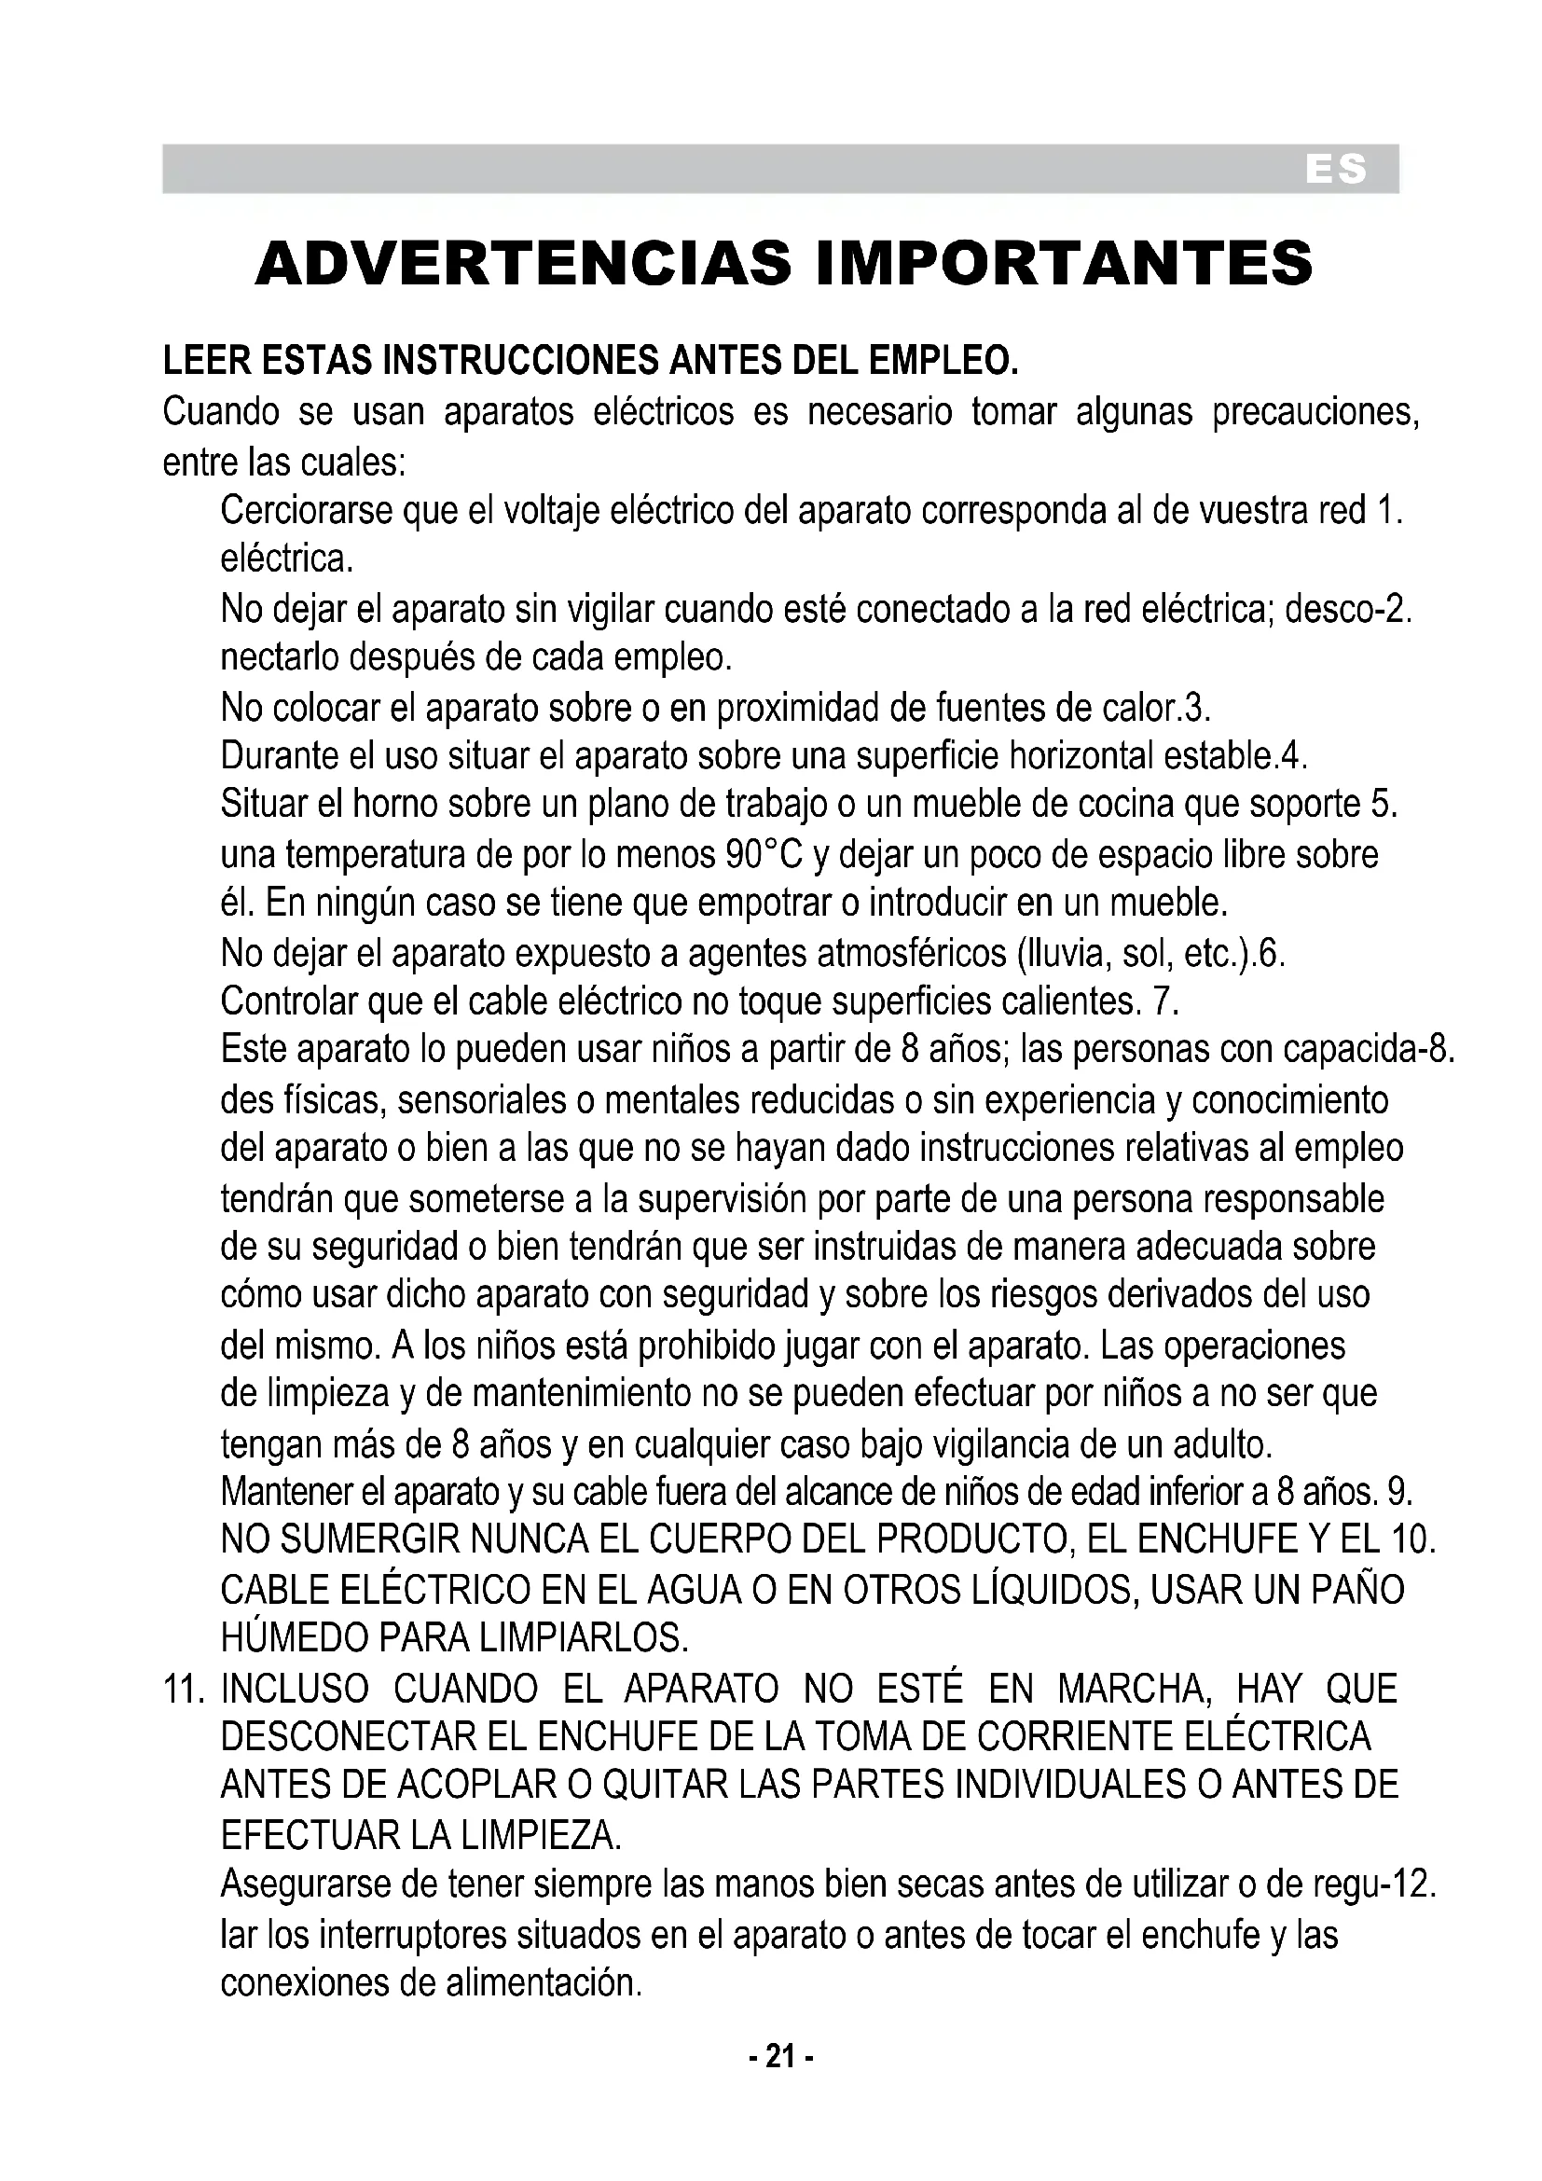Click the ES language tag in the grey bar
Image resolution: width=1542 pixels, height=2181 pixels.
click(1335, 169)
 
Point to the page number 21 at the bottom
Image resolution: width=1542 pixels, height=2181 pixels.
click(779, 2056)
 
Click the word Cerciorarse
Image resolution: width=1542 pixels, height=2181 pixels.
click(307, 511)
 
